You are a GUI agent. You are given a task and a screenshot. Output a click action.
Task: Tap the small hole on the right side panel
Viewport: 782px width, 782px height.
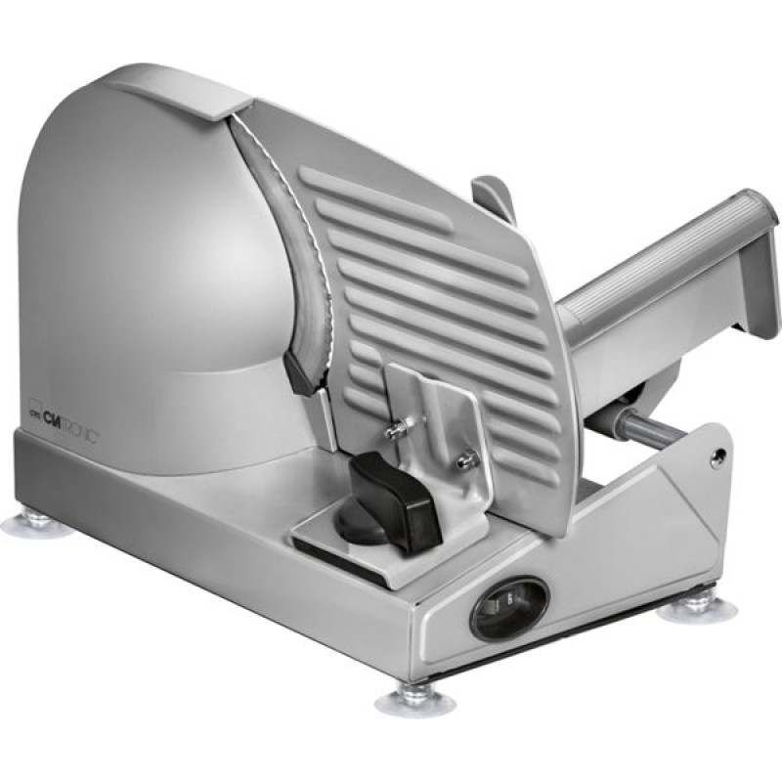pyautogui.click(x=721, y=455)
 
